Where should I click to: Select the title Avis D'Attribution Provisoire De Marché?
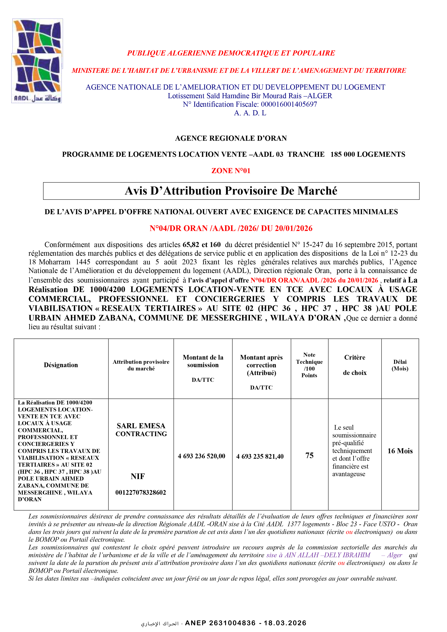[x=231, y=191]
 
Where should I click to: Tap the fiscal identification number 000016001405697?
[x=289, y=104]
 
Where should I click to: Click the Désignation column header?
[x=61, y=365]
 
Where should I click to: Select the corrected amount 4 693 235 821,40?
[x=260, y=456]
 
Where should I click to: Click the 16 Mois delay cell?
[x=400, y=451]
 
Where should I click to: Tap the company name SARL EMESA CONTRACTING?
[x=141, y=430]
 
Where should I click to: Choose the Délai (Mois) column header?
[x=400, y=365]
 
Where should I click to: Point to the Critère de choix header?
[x=355, y=365]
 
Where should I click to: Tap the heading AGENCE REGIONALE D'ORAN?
[x=231, y=138]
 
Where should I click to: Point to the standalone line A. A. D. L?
[x=250, y=113]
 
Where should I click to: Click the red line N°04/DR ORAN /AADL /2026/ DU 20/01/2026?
[x=231, y=228]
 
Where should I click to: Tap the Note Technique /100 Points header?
[x=309, y=365]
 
